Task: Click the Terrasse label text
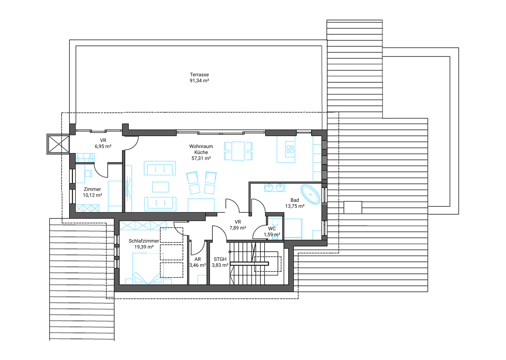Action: click(x=199, y=75)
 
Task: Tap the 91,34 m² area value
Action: click(x=199, y=81)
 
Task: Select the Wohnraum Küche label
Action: click(x=201, y=149)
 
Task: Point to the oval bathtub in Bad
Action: click(x=310, y=194)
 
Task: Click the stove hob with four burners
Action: click(x=290, y=149)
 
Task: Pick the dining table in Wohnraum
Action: click(x=238, y=151)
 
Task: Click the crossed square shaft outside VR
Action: click(x=58, y=144)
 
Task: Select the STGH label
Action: click(x=220, y=259)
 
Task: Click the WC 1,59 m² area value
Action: click(x=272, y=234)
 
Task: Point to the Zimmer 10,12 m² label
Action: click(x=92, y=192)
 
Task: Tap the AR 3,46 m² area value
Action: click(x=197, y=265)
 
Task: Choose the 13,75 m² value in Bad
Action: click(x=294, y=206)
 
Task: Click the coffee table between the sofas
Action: click(x=160, y=187)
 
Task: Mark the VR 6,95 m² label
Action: click(x=103, y=143)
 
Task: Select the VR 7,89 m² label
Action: click(x=238, y=225)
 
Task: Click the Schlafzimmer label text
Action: click(x=144, y=241)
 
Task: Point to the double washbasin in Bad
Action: click(x=274, y=188)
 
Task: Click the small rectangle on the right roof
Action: click(x=353, y=207)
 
